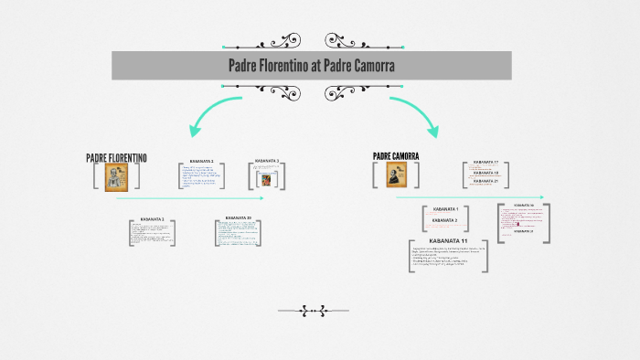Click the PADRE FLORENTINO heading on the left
pos(116,158)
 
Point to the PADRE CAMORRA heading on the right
pos(396,157)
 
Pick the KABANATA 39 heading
pos(238,218)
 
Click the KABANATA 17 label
pos(485,163)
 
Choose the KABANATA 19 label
pos(485,172)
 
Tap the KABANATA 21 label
pos(485,181)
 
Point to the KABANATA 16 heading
pos(524,206)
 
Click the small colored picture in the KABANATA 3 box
pos(266,179)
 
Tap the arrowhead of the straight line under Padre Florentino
pos(262,197)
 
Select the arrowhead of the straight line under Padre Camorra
pos(542,196)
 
